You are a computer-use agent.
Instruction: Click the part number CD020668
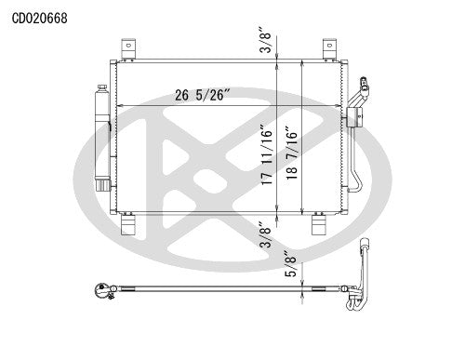point(39,18)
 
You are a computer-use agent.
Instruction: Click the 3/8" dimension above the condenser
point(267,42)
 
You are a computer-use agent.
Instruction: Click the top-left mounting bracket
point(127,47)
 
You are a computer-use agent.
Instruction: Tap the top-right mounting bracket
point(328,47)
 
